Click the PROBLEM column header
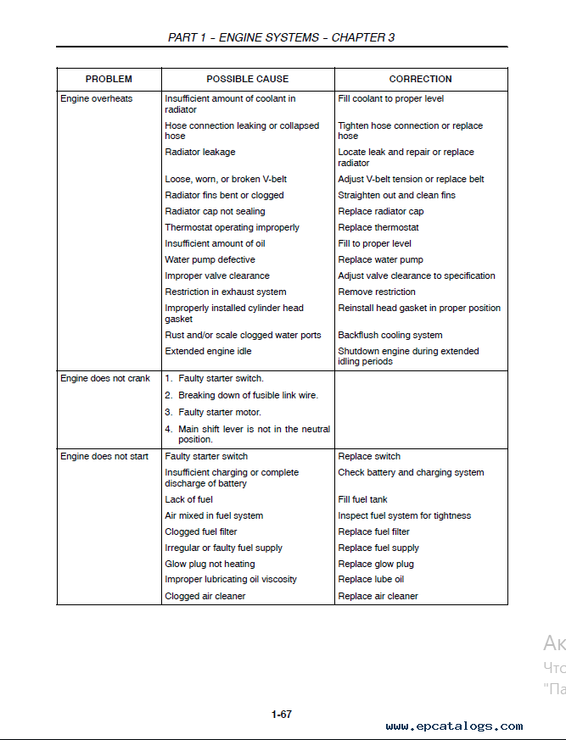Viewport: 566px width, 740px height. pos(109,79)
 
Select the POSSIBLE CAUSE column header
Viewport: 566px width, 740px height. pos(248,79)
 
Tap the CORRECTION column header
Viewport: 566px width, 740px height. pos(420,79)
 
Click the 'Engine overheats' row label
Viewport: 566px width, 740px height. pos(97,99)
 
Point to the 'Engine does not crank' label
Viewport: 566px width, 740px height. pos(105,378)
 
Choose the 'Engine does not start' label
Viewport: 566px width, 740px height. pos(104,456)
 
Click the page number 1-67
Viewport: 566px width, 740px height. pos(282,715)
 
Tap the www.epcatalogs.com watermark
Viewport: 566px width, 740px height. pos(454,726)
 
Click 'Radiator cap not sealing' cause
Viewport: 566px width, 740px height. pos(215,211)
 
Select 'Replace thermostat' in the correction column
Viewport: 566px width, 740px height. pos(378,227)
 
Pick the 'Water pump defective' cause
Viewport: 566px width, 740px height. pos(210,259)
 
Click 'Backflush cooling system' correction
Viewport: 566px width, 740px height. pos(390,335)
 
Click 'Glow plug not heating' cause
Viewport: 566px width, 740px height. pos(210,564)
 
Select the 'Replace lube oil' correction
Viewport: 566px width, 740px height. pos(371,580)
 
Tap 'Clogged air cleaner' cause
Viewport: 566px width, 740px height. pos(205,596)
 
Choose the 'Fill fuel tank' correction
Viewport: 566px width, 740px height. pos(362,499)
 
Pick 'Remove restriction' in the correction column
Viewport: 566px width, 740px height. pos(377,292)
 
